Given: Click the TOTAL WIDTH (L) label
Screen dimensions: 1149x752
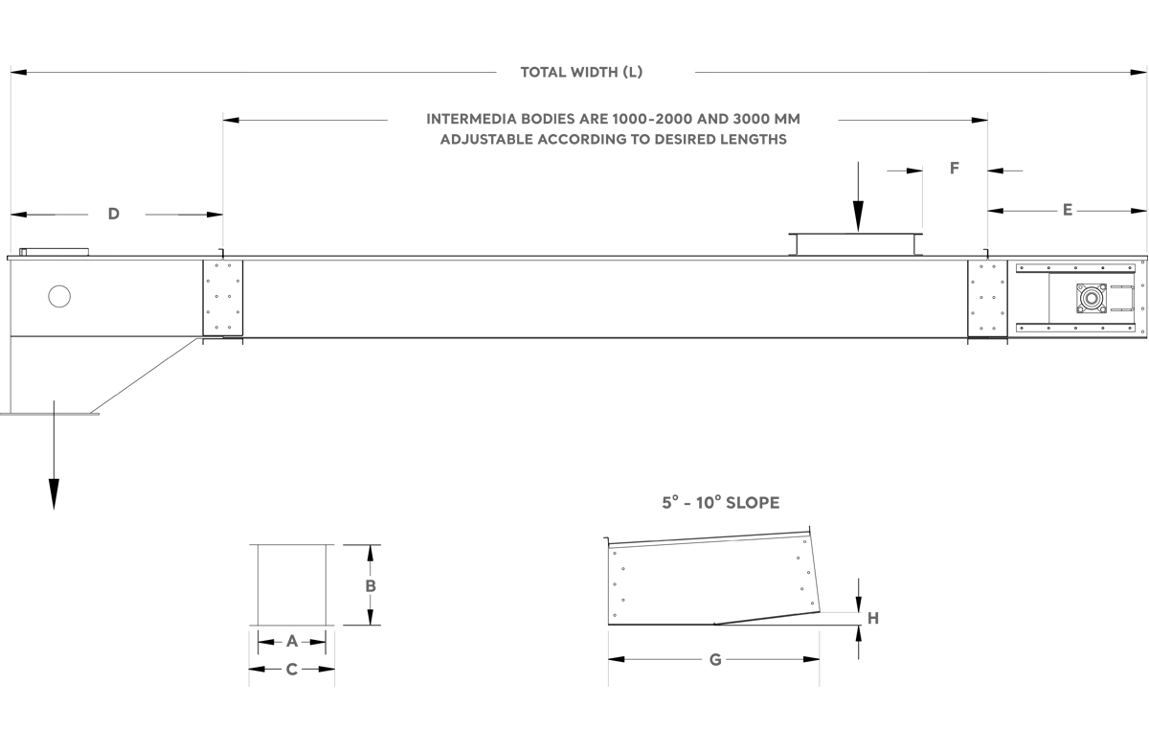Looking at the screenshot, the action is pyautogui.click(x=581, y=73).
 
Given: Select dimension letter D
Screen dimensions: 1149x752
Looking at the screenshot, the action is pyautogui.click(x=114, y=214).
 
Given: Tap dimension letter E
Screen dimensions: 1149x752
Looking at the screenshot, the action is pyautogui.click(x=1068, y=210).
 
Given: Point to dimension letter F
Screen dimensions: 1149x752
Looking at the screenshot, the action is pyautogui.click(x=954, y=169).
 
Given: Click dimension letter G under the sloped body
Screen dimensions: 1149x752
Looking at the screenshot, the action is pyautogui.click(x=715, y=660).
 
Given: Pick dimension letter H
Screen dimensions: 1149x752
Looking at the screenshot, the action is pyautogui.click(x=873, y=619).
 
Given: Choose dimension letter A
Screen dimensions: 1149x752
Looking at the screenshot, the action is pyautogui.click(x=292, y=641).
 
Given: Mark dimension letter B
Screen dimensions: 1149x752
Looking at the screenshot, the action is pyautogui.click(x=371, y=586).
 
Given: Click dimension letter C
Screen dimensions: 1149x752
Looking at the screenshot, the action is pyautogui.click(x=292, y=670).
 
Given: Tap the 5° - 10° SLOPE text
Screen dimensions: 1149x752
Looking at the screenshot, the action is pyautogui.click(x=721, y=503).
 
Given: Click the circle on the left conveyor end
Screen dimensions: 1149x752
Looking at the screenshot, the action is pyautogui.click(x=59, y=296).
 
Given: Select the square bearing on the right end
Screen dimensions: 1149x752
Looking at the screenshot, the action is pyautogui.click(x=1092, y=298).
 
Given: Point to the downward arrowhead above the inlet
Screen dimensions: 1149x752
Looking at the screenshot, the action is pyautogui.click(x=858, y=216).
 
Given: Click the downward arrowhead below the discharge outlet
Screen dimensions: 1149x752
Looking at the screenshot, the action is pyautogui.click(x=54, y=494).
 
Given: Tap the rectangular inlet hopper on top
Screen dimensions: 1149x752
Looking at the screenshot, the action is pyautogui.click(x=855, y=244).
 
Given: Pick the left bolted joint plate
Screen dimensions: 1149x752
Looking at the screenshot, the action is pyautogui.click(x=222, y=298).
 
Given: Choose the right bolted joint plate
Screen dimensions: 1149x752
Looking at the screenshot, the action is pyautogui.click(x=987, y=298).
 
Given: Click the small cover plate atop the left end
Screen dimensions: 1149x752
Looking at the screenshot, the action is pyautogui.click(x=54, y=252).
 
